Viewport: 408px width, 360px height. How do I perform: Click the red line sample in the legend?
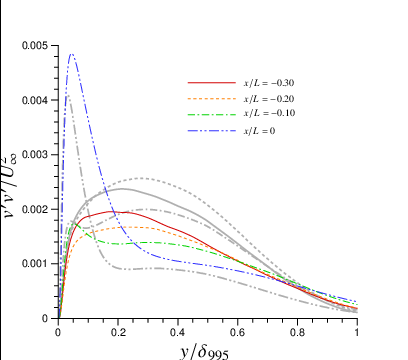click(x=205, y=82)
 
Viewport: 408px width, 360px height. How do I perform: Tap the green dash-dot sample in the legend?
click(x=205, y=115)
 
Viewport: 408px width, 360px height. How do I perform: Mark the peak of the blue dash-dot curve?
click(x=72, y=55)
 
